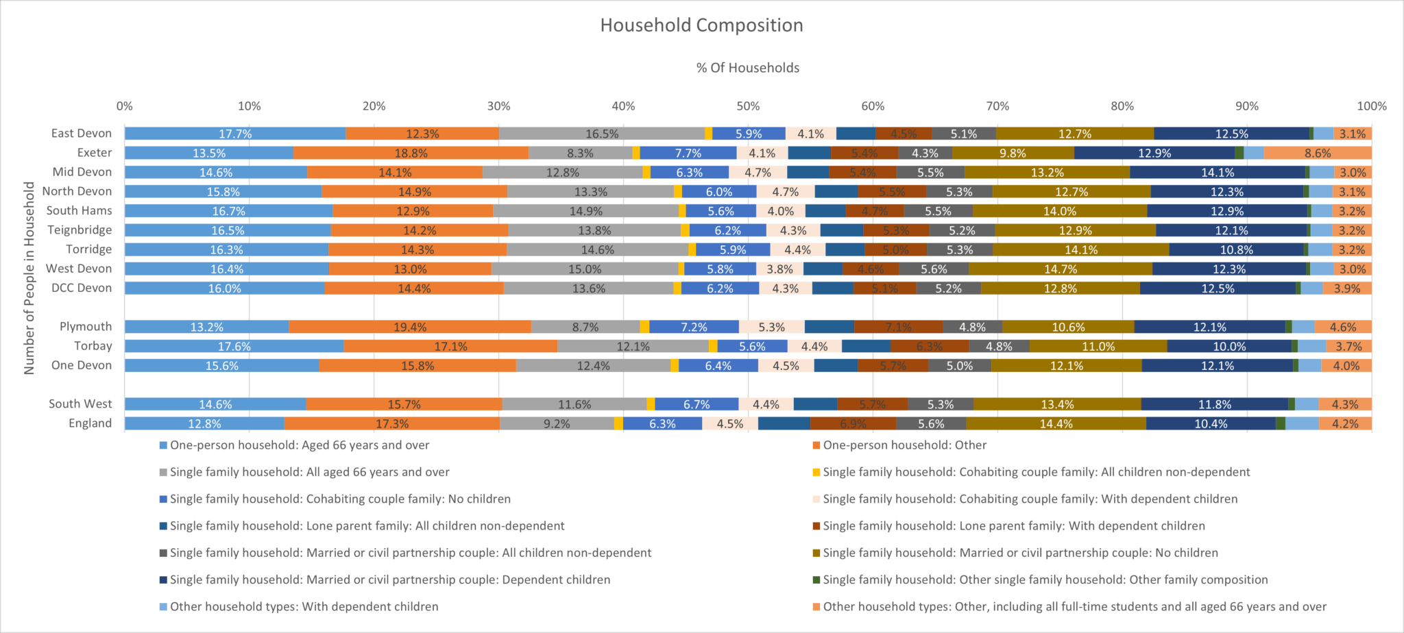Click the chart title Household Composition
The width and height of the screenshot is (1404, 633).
[x=701, y=25]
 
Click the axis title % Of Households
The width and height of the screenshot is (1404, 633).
[x=747, y=68]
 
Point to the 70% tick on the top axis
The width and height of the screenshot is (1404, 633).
[x=997, y=106]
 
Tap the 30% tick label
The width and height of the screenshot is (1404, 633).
[x=498, y=106]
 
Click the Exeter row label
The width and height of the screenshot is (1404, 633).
[x=94, y=153]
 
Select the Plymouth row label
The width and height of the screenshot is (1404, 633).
[x=85, y=327]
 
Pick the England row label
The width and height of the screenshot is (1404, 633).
[x=90, y=423]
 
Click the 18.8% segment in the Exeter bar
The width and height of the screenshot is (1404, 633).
[x=411, y=153]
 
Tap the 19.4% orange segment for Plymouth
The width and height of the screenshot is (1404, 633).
[x=410, y=327]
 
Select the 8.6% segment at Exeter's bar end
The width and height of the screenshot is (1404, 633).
[x=1317, y=153]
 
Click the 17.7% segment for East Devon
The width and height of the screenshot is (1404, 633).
[x=235, y=134]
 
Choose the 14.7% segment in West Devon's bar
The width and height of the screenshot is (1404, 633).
[x=1060, y=269]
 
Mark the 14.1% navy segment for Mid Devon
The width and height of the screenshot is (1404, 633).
[x=1217, y=173]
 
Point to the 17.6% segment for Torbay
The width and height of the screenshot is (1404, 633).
[x=234, y=347]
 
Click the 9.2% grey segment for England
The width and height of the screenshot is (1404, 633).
[x=557, y=424]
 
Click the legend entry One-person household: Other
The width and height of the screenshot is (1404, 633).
[x=904, y=445]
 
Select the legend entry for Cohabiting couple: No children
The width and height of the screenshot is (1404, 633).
[x=340, y=499]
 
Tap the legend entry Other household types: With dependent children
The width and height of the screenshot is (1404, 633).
[x=304, y=607]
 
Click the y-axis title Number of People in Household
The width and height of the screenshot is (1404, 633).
[x=29, y=277]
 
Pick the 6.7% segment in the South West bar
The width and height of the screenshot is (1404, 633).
[x=696, y=405]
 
